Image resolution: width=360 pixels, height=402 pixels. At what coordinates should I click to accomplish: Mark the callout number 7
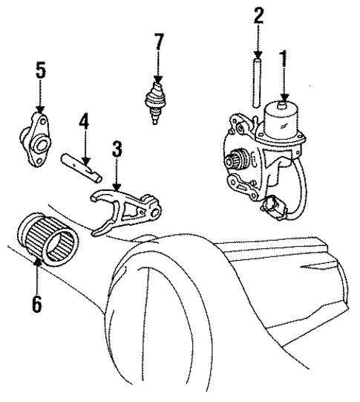(157, 43)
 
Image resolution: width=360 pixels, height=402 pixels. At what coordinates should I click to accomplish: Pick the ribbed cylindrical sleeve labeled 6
(48, 236)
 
